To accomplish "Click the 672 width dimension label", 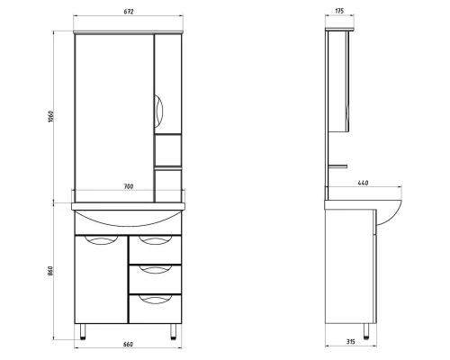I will pos(130,11).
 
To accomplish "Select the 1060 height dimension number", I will pos(51,117).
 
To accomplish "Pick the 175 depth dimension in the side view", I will pos(339,11).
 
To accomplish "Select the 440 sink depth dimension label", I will pos(364,184).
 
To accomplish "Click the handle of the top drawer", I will pos(154,240).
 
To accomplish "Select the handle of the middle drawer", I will pos(154,270).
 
